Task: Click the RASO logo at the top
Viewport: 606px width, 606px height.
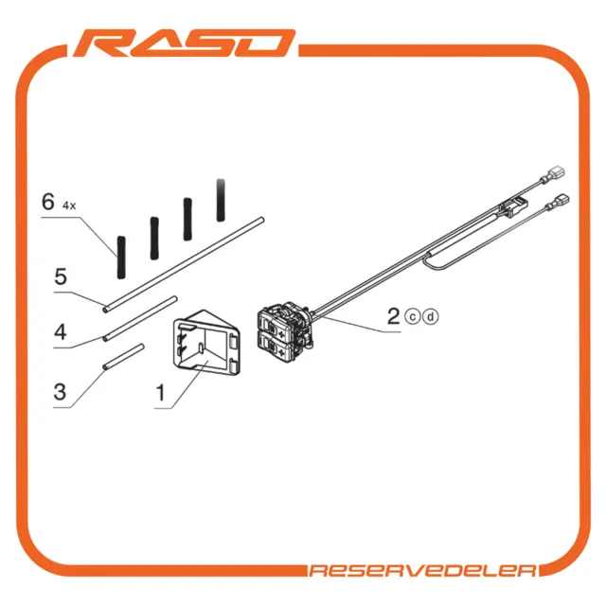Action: (185, 43)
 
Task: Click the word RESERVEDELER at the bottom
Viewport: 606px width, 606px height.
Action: (423, 571)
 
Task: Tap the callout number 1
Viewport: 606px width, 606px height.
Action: (160, 393)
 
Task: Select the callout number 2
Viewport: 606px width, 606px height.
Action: (394, 316)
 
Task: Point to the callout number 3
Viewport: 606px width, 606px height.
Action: (60, 391)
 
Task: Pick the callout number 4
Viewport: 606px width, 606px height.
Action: (61, 332)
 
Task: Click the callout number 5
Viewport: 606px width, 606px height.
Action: (61, 276)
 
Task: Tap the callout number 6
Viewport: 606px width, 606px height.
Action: (48, 202)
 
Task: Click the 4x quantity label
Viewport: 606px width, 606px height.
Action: (69, 206)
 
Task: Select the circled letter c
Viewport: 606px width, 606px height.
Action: (413, 317)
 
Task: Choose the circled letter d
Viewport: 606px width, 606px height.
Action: (431, 317)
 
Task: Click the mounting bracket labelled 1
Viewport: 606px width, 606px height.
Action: (206, 343)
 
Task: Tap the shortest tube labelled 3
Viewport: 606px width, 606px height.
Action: (123, 356)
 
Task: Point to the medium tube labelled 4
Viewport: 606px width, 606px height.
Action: (140, 319)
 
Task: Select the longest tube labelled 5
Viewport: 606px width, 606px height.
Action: (183, 265)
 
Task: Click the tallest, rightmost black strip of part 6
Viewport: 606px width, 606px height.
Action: (221, 200)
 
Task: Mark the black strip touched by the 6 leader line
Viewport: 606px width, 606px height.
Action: (121, 258)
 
